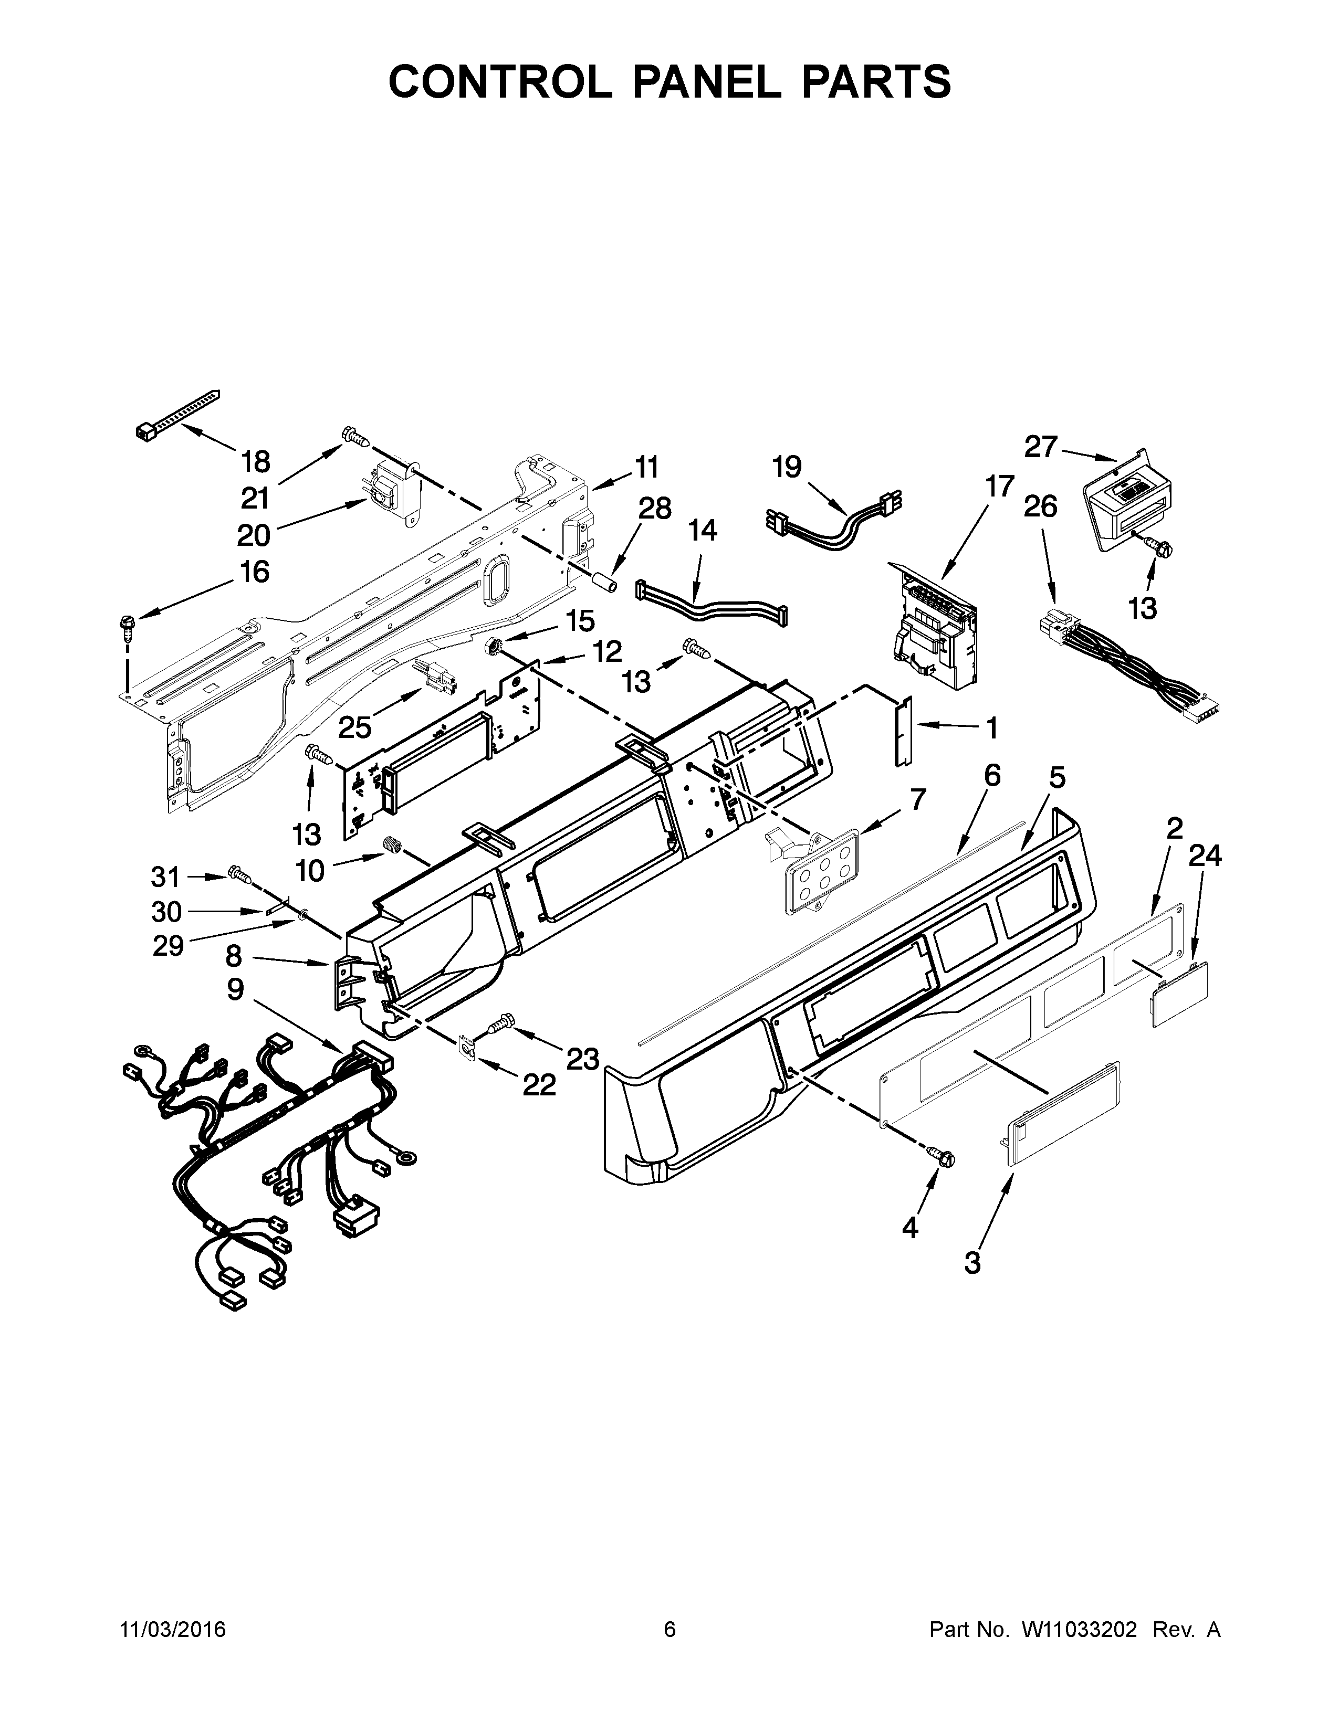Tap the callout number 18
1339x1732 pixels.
click(255, 461)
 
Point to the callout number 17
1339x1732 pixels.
click(999, 485)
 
